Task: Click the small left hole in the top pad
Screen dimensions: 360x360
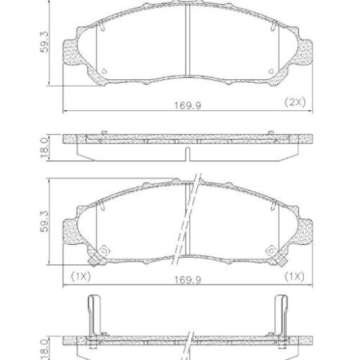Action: click(104, 71)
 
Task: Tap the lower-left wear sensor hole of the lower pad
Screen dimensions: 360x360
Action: click(102, 250)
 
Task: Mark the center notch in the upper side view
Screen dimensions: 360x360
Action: click(186, 154)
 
